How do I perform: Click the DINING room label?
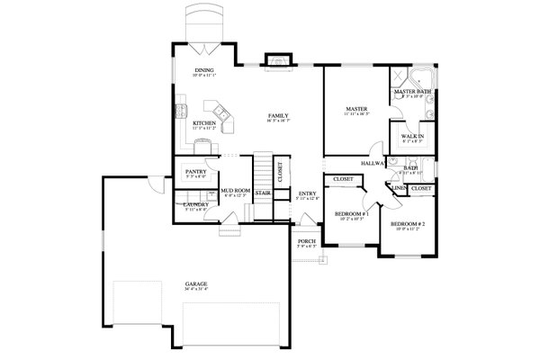tap(204, 70)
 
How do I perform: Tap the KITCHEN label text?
tap(204, 123)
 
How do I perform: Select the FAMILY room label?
tap(277, 116)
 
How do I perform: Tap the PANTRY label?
tap(197, 171)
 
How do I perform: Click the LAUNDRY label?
tap(197, 204)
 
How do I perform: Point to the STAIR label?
tap(263, 192)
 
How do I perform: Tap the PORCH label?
tap(307, 240)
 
